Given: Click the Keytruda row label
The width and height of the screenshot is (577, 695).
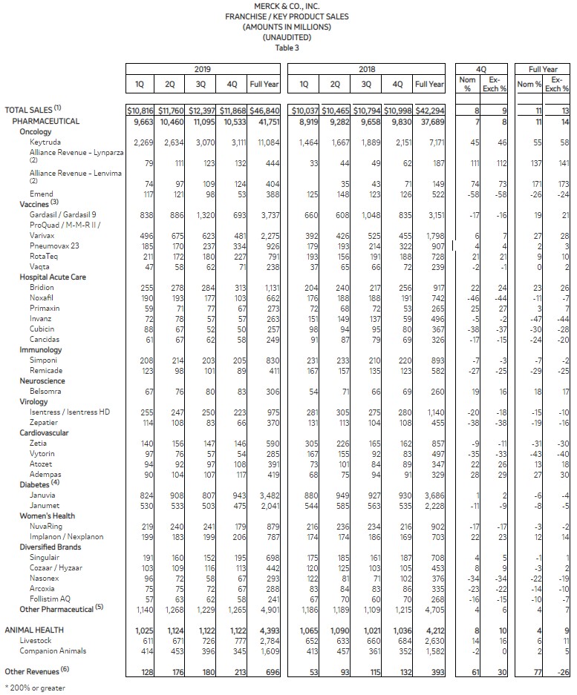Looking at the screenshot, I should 45,142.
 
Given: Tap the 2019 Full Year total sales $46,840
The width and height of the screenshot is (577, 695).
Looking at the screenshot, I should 265,110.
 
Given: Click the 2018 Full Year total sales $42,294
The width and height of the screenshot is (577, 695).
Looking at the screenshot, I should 430,110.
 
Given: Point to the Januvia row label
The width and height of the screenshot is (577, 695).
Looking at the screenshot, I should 42,495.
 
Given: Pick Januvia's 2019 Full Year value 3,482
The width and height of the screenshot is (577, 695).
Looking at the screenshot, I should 268,495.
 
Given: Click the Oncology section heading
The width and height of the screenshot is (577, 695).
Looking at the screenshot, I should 36,131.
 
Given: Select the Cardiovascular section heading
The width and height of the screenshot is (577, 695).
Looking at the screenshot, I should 46,431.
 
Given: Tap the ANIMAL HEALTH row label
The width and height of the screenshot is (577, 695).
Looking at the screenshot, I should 34,630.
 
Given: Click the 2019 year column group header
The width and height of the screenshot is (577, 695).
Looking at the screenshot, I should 202,69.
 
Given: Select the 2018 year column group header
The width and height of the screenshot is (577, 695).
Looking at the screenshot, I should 367,69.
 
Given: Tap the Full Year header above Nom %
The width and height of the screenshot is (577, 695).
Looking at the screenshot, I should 543,69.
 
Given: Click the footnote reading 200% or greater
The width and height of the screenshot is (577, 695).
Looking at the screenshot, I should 36,688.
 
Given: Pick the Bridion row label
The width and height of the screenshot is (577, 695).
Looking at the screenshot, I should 42,287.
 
